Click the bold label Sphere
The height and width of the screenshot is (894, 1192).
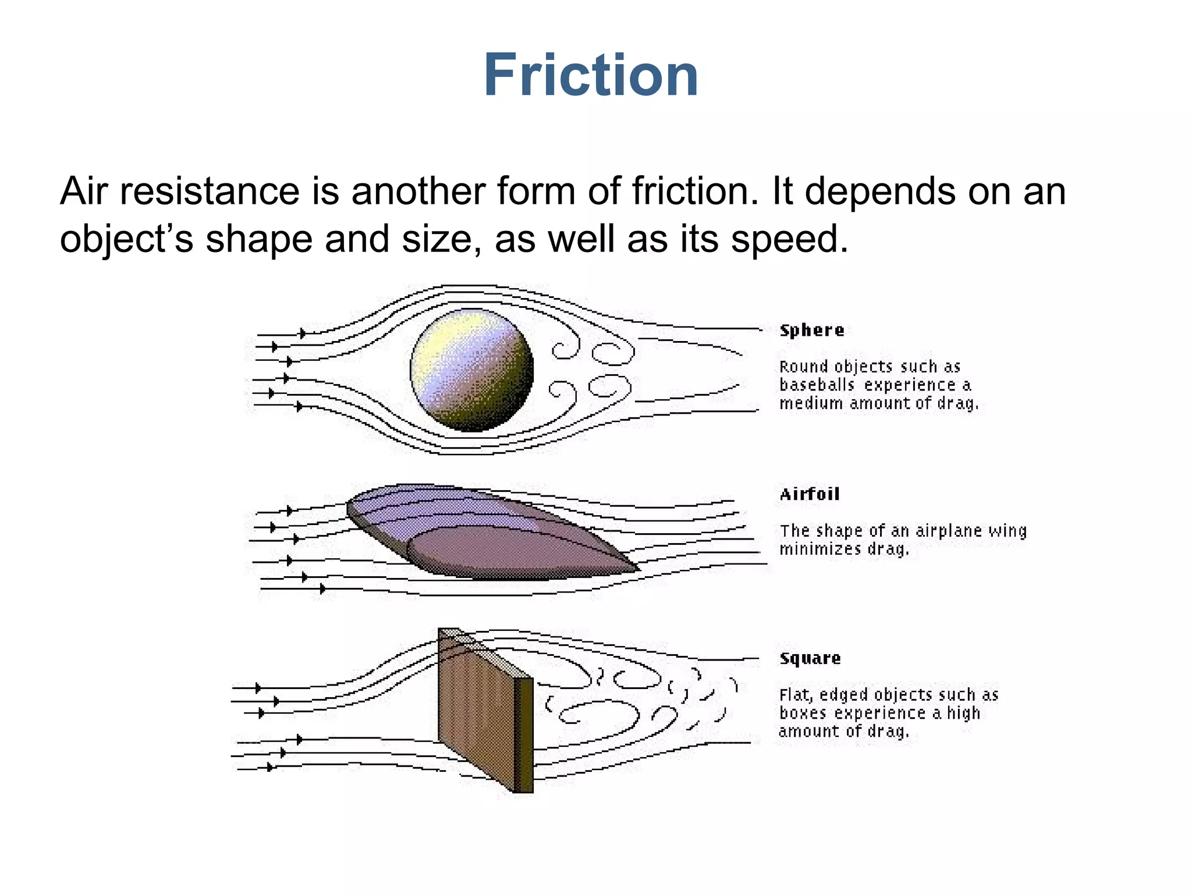811,330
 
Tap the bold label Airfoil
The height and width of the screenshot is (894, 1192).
810,494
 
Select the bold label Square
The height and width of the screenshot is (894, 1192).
810,658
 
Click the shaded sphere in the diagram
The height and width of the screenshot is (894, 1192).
471,370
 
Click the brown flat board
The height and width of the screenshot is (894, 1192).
474,710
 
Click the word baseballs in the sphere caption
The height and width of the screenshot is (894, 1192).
817,385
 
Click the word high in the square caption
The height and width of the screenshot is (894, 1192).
963,713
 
